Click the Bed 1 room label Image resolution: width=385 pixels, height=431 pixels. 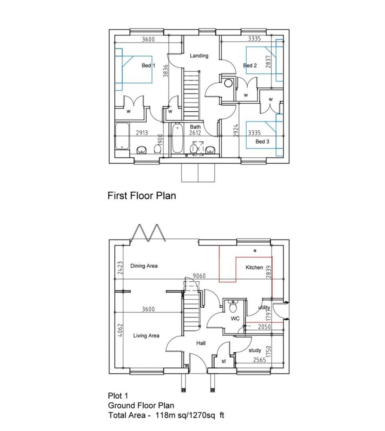(x=148, y=65)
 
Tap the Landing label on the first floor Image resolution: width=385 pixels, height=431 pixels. (x=199, y=56)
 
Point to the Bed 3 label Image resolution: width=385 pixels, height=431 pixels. (x=262, y=142)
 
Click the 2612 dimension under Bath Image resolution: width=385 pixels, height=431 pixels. (x=196, y=133)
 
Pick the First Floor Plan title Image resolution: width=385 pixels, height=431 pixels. (x=142, y=196)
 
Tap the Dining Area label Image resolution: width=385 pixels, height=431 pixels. (x=144, y=266)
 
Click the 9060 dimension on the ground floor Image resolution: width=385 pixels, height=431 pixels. (x=199, y=276)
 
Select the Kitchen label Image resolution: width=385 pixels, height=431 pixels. (x=255, y=267)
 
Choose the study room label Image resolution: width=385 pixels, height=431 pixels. (x=255, y=351)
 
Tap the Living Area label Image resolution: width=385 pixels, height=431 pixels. (x=146, y=335)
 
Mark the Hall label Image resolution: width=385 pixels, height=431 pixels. (x=201, y=343)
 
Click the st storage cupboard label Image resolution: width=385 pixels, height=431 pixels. (x=223, y=361)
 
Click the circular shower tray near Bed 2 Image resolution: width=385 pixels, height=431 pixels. (x=227, y=83)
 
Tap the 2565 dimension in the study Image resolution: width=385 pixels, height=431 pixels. (x=259, y=360)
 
